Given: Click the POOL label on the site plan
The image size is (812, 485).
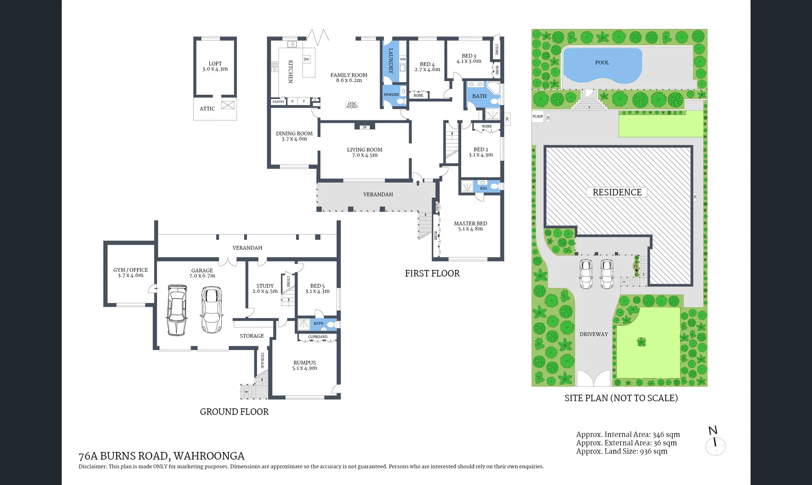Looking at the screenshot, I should coord(602,62).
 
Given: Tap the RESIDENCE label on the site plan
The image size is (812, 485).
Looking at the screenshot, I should coord(617,192).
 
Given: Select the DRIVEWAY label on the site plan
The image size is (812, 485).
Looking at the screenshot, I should coord(594,334).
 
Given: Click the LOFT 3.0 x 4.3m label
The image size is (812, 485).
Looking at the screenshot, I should coord(215,66).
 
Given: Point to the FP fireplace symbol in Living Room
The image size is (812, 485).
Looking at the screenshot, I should coord(365,127).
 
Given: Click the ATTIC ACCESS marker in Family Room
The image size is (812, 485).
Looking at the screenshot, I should coord(352,105).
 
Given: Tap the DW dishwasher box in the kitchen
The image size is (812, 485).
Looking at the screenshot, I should coord(306,59).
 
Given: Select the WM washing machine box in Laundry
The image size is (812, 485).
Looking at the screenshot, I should coord(402,59).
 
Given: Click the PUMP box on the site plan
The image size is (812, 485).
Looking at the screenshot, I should coord(537,117).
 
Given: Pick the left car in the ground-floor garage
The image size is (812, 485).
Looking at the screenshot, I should coord(177,310).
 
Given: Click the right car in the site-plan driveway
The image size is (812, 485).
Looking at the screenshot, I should coord(607,274).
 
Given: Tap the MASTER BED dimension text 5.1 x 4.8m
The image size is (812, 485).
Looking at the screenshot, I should coord(470,229).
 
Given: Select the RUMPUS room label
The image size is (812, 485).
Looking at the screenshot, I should coord(305,362).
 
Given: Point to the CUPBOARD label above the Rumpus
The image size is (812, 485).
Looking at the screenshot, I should coord(318,337).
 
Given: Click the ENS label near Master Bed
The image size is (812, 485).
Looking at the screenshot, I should coord(484,188).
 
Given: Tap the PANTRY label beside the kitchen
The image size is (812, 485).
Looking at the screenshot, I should coord(278,102).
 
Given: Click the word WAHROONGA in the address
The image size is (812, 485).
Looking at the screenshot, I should coord(209,456).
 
